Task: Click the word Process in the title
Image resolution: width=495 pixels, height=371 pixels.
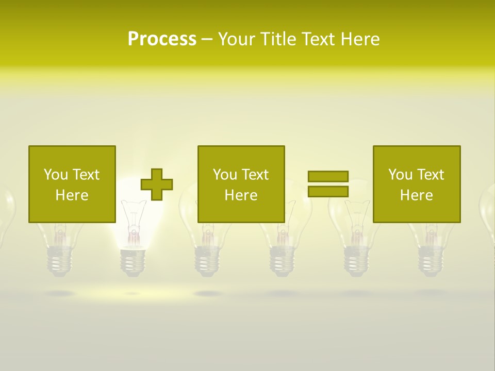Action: coord(162,39)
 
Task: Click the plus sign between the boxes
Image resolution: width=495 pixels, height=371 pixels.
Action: coord(157,184)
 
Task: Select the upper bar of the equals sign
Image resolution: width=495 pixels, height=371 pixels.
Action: coord(328,176)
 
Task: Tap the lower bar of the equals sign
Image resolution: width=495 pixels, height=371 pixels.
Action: coord(328,191)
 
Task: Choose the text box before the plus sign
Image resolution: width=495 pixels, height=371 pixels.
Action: coord(72,184)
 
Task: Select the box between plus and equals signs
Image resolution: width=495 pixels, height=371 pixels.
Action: coord(241,184)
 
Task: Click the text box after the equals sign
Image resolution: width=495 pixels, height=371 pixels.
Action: coord(416,184)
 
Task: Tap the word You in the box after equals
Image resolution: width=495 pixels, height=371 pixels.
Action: coord(400,175)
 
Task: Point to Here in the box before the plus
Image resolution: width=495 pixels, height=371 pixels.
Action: coord(72,195)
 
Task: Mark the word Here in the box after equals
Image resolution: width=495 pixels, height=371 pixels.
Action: coord(416,195)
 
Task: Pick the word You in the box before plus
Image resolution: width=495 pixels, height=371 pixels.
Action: coord(55,175)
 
